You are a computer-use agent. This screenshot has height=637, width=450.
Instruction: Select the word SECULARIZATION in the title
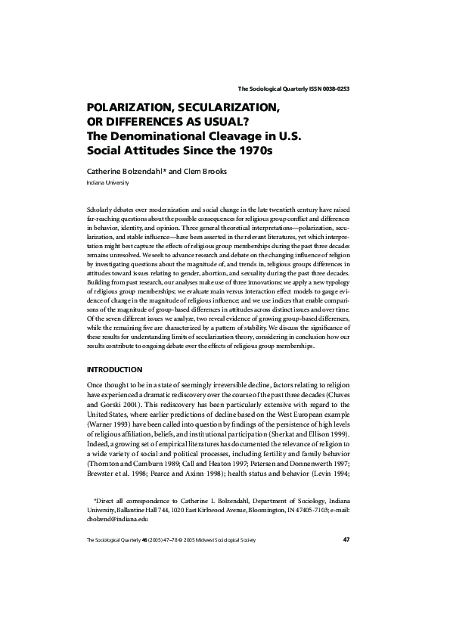click(x=226, y=108)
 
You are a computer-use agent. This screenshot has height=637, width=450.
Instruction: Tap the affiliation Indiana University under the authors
click(x=108, y=183)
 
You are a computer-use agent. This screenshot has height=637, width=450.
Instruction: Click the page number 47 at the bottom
click(x=346, y=539)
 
